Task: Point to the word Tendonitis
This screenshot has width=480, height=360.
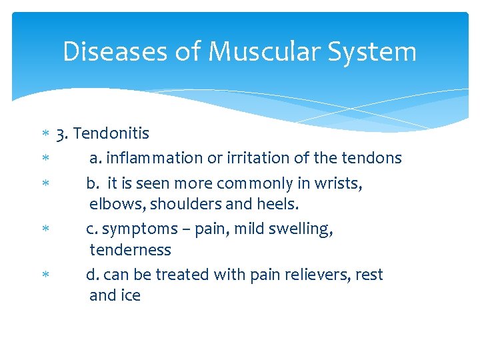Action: pos(111,133)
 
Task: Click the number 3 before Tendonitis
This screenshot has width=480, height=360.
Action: pos(61,133)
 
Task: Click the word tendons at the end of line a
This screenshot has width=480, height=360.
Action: pos(371,158)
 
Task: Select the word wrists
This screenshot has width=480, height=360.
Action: pos(338,183)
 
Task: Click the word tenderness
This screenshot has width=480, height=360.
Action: pos(130,250)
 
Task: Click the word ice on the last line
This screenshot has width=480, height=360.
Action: pos(131,295)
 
